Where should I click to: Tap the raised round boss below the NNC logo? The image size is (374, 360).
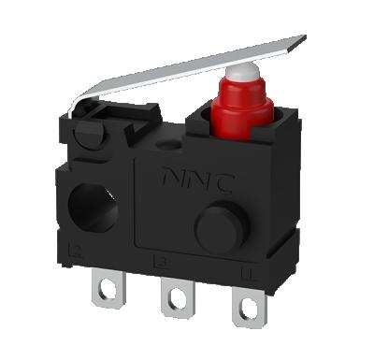(x=214, y=223)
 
